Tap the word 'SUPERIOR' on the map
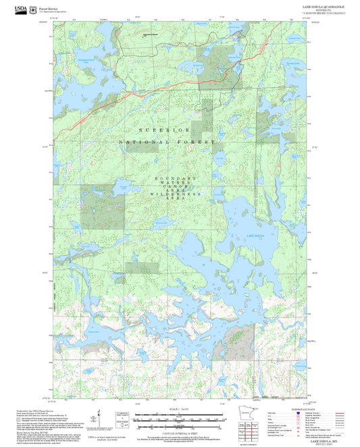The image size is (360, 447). tap(163, 129)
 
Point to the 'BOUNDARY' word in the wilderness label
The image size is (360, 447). tap(176, 178)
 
